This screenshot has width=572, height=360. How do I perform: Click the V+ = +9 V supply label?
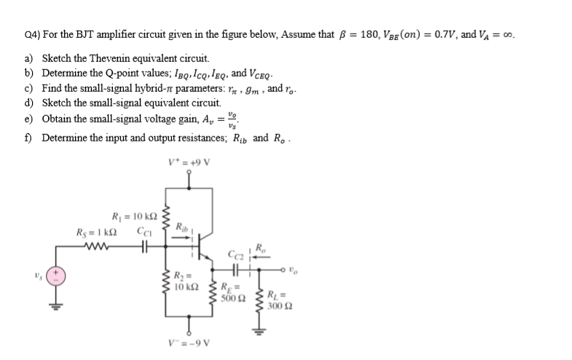pyautogui.click(x=189, y=161)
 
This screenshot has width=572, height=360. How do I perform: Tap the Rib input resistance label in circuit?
pyautogui.click(x=179, y=230)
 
